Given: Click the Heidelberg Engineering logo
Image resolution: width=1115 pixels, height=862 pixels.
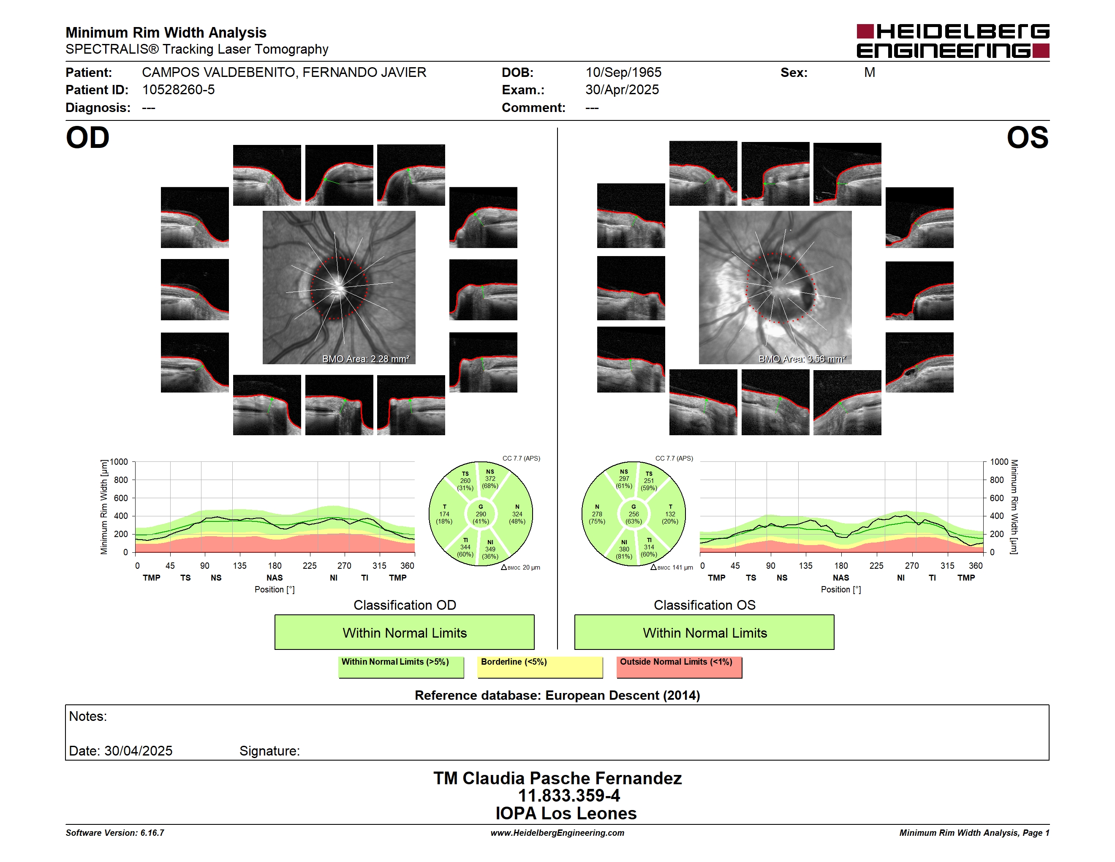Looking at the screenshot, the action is click(953, 41).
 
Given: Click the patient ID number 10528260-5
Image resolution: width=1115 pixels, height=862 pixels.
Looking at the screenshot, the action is click(178, 90).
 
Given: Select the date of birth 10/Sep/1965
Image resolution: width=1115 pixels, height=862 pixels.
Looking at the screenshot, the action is click(623, 73).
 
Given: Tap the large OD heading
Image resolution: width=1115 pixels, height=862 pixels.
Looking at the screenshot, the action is click(87, 138).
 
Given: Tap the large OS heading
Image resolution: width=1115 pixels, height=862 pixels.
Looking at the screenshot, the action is click(1027, 138).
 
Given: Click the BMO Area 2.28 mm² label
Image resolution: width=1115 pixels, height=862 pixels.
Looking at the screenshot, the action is click(365, 359).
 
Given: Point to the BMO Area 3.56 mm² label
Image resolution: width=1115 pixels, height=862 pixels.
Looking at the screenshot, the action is click(802, 359).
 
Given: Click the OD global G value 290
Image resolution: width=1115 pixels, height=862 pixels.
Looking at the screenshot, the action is click(480, 514).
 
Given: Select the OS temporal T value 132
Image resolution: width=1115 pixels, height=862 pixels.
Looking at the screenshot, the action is click(670, 514).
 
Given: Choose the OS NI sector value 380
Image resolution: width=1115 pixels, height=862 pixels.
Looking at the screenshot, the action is click(624, 549).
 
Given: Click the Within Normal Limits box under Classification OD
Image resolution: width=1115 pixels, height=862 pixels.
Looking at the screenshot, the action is click(404, 632).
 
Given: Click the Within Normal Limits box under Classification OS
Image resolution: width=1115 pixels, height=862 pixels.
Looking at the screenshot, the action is click(704, 632).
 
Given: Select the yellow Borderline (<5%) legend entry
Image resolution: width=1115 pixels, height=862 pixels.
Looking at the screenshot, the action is click(540, 667).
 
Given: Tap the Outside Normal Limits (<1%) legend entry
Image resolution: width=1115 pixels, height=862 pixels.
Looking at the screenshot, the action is click(679, 667).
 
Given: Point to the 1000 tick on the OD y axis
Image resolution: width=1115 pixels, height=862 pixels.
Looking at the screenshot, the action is click(118, 462).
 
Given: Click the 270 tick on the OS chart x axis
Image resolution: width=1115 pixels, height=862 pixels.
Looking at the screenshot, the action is click(912, 566).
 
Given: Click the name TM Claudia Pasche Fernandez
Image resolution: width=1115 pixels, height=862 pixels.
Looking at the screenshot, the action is click(557, 778).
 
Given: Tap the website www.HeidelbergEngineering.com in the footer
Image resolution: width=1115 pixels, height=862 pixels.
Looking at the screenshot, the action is click(557, 833).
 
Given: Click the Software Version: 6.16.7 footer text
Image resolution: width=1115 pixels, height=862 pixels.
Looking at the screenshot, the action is click(115, 833).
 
